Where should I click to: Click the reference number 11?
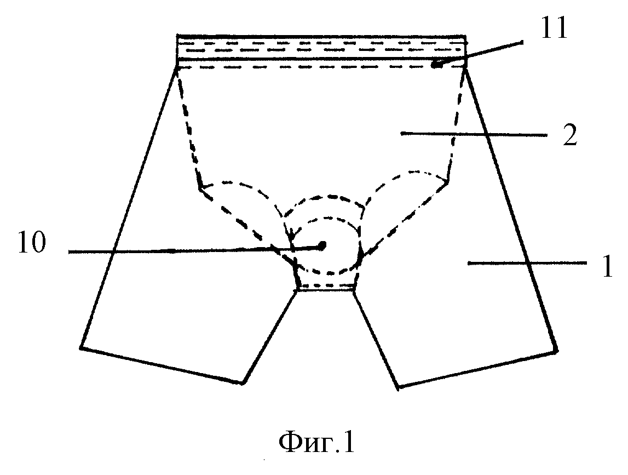(554, 28)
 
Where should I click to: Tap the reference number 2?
(570, 135)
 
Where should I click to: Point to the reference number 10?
(32, 243)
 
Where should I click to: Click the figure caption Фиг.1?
(317, 442)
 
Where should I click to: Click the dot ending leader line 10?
(322, 244)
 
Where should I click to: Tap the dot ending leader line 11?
(437, 64)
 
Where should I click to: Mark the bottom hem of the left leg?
(161, 365)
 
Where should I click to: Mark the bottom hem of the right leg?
(478, 369)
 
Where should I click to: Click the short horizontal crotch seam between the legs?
(326, 290)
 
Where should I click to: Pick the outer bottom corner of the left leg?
(81, 347)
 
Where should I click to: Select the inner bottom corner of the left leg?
(242, 383)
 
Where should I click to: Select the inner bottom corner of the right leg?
(399, 387)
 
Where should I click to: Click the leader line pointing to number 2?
(474, 134)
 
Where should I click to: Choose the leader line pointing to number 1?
(527, 263)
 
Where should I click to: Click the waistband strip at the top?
(321, 47)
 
